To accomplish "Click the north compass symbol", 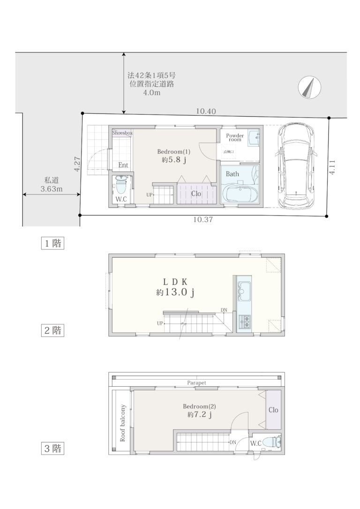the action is coord(309,87).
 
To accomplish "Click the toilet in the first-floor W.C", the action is coord(121,185).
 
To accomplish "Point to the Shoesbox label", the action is coord(122,133).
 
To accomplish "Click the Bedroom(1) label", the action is coord(173,151).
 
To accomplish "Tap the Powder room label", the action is coord(235,137).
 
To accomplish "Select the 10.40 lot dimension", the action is coord(206,112).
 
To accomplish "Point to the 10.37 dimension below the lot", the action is coord(203,220).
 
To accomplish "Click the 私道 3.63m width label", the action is coord(52,184).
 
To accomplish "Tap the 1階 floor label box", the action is coord(52,243).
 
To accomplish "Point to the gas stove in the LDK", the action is coord(244,321).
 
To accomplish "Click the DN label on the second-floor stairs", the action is coord(224,310).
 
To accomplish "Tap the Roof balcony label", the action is coord(123,423).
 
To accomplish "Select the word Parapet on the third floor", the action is coord(197,383).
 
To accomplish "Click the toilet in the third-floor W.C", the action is coord(271,442).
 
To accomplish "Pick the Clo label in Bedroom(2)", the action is coord(273,410).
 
